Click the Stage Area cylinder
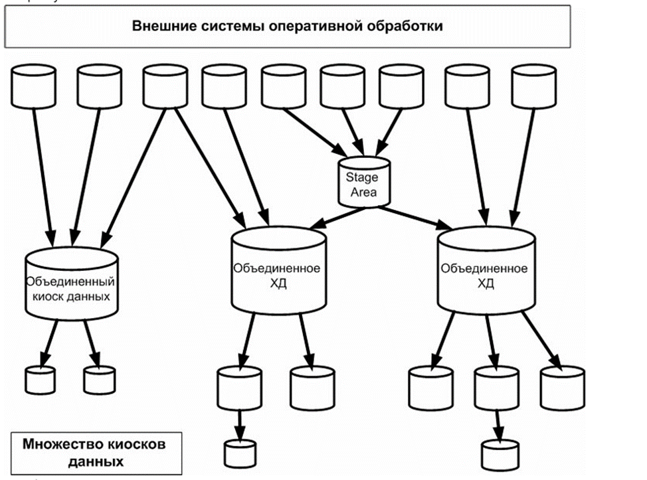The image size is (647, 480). click(x=362, y=183)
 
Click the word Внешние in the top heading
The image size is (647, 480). click(x=158, y=27)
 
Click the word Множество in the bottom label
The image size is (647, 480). click(x=55, y=443)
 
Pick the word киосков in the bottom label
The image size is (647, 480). click(x=130, y=443)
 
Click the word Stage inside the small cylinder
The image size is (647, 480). click(x=361, y=177)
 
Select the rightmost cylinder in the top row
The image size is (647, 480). click(x=533, y=86)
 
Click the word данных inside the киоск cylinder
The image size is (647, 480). click(x=88, y=295)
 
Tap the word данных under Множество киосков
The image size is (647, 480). click(x=92, y=460)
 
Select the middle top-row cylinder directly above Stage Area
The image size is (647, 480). click(x=342, y=86)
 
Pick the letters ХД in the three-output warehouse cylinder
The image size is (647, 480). click(x=485, y=283)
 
